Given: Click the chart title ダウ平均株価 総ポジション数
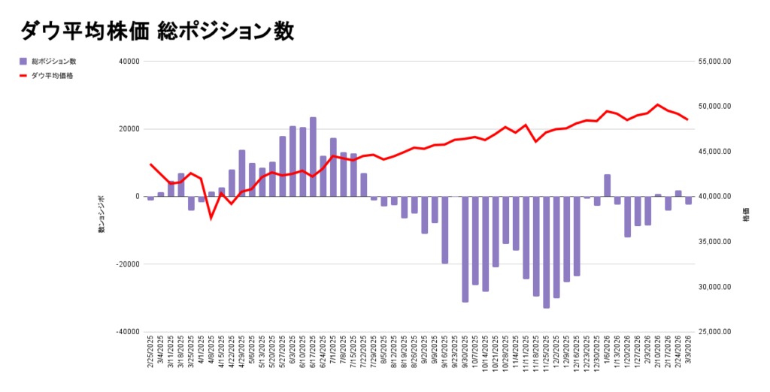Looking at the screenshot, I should [156, 31].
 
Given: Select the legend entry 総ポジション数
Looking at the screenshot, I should [53, 61].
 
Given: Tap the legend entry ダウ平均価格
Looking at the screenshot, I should [52, 76].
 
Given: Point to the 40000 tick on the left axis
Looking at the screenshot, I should [129, 62].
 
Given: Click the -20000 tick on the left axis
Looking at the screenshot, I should [128, 264].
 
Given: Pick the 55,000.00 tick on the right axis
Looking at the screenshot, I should [714, 62].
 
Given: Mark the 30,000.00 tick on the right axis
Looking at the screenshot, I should [714, 287].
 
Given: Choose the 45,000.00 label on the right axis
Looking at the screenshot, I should [714, 152].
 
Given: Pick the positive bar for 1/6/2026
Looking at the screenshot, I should [607, 185].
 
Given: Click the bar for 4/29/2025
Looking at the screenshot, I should [242, 173].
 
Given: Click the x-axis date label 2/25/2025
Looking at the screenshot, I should [150, 353].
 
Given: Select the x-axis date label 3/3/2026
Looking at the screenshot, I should [688, 353].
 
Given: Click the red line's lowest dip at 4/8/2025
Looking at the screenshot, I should [211, 218].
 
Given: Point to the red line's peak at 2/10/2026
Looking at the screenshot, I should [658, 105].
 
